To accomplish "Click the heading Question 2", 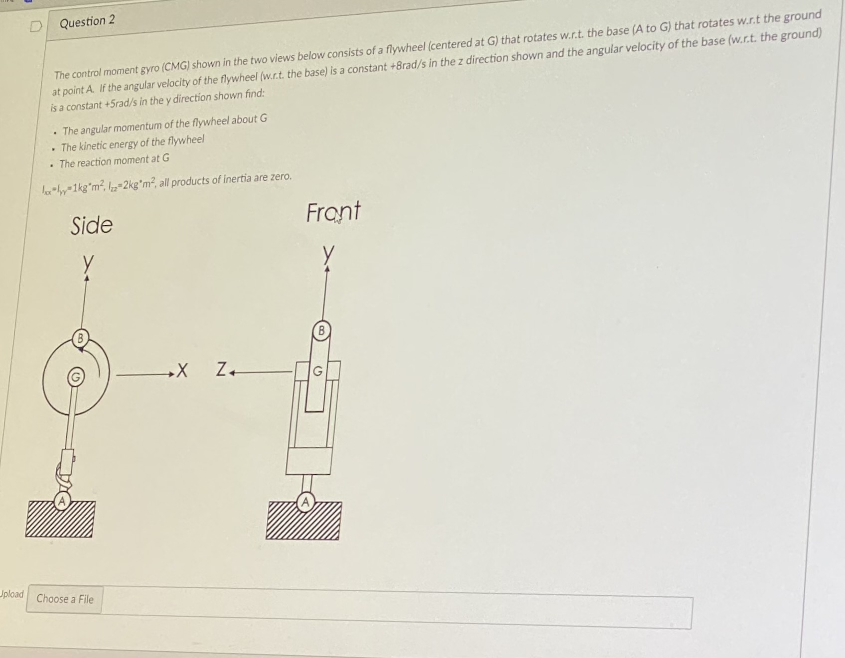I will pyautogui.click(x=87, y=21).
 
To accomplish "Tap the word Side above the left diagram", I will pyautogui.click(x=92, y=225).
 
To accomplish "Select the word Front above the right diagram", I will pyautogui.click(x=333, y=212).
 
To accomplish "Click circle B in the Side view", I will pyautogui.click(x=79, y=339).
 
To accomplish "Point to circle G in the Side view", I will pyautogui.click(x=75, y=377).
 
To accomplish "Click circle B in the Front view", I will pyautogui.click(x=321, y=330).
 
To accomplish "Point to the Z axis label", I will pyautogui.click(x=222, y=370).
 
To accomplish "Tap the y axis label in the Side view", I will pyautogui.click(x=88, y=263).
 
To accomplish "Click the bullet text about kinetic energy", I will pyautogui.click(x=132, y=143).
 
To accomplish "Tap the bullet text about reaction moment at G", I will pyautogui.click(x=114, y=161).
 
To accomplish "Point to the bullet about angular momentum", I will pyautogui.click(x=164, y=125).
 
